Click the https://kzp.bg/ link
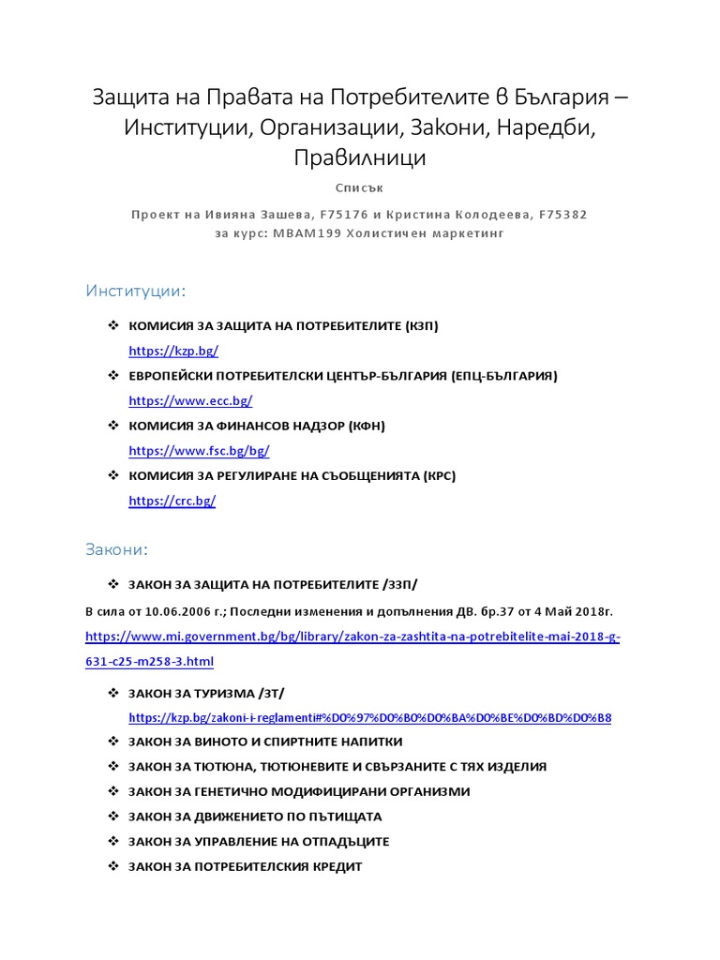(173, 351)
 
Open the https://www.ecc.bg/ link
(190, 400)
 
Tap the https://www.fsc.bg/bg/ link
(199, 451)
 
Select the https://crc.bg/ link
(172, 501)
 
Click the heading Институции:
(136, 291)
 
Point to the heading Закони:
(117, 547)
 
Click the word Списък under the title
(359, 187)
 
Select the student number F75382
(562, 214)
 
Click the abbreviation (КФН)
(367, 426)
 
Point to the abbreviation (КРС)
(438, 475)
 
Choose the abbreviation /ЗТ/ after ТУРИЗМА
(270, 693)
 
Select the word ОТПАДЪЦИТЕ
(342, 842)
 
